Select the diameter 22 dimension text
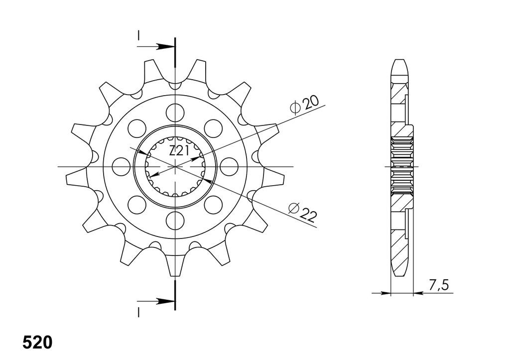coord(302,212)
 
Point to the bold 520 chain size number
coord(37,343)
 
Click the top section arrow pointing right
coord(155,46)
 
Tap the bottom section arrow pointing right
coord(155,301)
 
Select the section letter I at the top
coord(138,36)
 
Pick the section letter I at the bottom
coord(138,313)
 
